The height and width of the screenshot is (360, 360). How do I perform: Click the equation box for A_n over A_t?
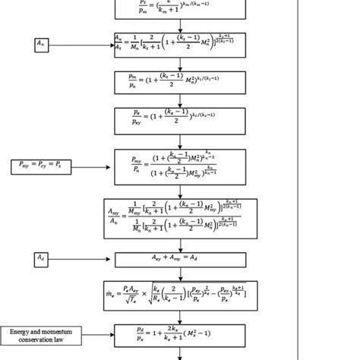180,46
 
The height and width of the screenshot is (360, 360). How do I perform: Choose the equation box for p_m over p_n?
180,82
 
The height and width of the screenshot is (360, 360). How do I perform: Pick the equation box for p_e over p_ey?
180,119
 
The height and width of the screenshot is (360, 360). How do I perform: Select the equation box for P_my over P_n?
180,165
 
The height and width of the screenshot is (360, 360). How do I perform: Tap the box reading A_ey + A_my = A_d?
180,260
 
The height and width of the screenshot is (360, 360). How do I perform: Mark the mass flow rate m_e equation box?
180,296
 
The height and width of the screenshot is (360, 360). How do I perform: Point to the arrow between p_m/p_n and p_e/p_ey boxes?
180,100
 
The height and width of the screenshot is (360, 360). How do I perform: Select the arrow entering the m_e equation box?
180,274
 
